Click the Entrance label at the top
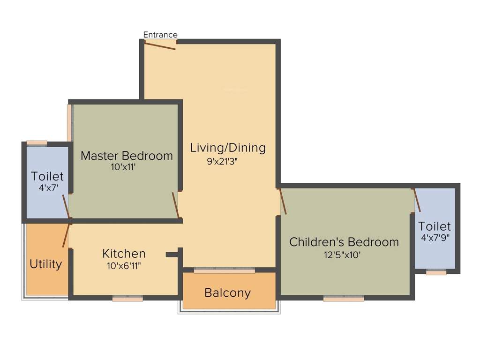(160, 35)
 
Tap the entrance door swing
(160, 45)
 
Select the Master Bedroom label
(127, 156)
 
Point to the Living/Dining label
(228, 148)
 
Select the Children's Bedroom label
(344, 242)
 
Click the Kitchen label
(124, 254)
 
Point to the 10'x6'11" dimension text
(124, 265)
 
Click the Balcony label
(227, 293)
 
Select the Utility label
(45, 264)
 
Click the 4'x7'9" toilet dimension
(435, 238)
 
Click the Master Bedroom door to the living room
(176, 205)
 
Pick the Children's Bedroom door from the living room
(283, 201)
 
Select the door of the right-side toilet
(416, 200)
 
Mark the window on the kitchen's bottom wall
(127, 298)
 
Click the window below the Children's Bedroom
(344, 298)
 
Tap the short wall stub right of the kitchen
(172, 255)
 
